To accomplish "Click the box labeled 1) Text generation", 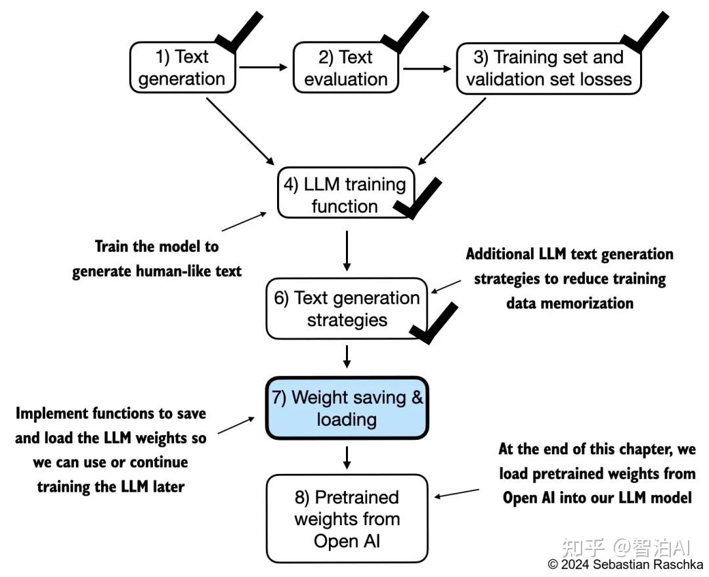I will click(x=182, y=68).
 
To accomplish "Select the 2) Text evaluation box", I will click(x=346, y=68).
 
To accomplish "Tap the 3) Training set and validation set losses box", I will click(x=548, y=68).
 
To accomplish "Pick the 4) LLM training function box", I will click(x=345, y=195).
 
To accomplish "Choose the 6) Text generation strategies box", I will click(x=347, y=309).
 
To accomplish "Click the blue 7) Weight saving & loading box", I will click(x=347, y=408).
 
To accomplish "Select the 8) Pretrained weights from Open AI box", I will click(x=347, y=519).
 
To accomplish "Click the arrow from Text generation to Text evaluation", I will click(x=263, y=67).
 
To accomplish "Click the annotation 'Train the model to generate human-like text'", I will click(x=157, y=259).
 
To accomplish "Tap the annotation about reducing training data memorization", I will click(x=569, y=278).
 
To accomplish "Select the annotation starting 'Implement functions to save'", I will click(x=110, y=450).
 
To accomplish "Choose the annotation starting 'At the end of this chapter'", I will click(x=597, y=474).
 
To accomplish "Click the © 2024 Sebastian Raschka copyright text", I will click(x=625, y=565).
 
